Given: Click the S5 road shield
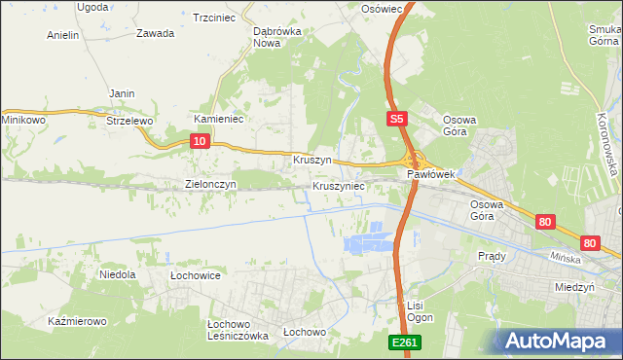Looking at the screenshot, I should (x=395, y=119).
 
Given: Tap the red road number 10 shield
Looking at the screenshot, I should (x=199, y=141).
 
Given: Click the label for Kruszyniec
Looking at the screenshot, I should (x=339, y=185).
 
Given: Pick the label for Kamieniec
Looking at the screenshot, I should (x=218, y=119).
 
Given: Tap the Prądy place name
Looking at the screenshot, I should (x=492, y=256).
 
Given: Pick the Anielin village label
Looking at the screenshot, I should (x=63, y=35).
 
